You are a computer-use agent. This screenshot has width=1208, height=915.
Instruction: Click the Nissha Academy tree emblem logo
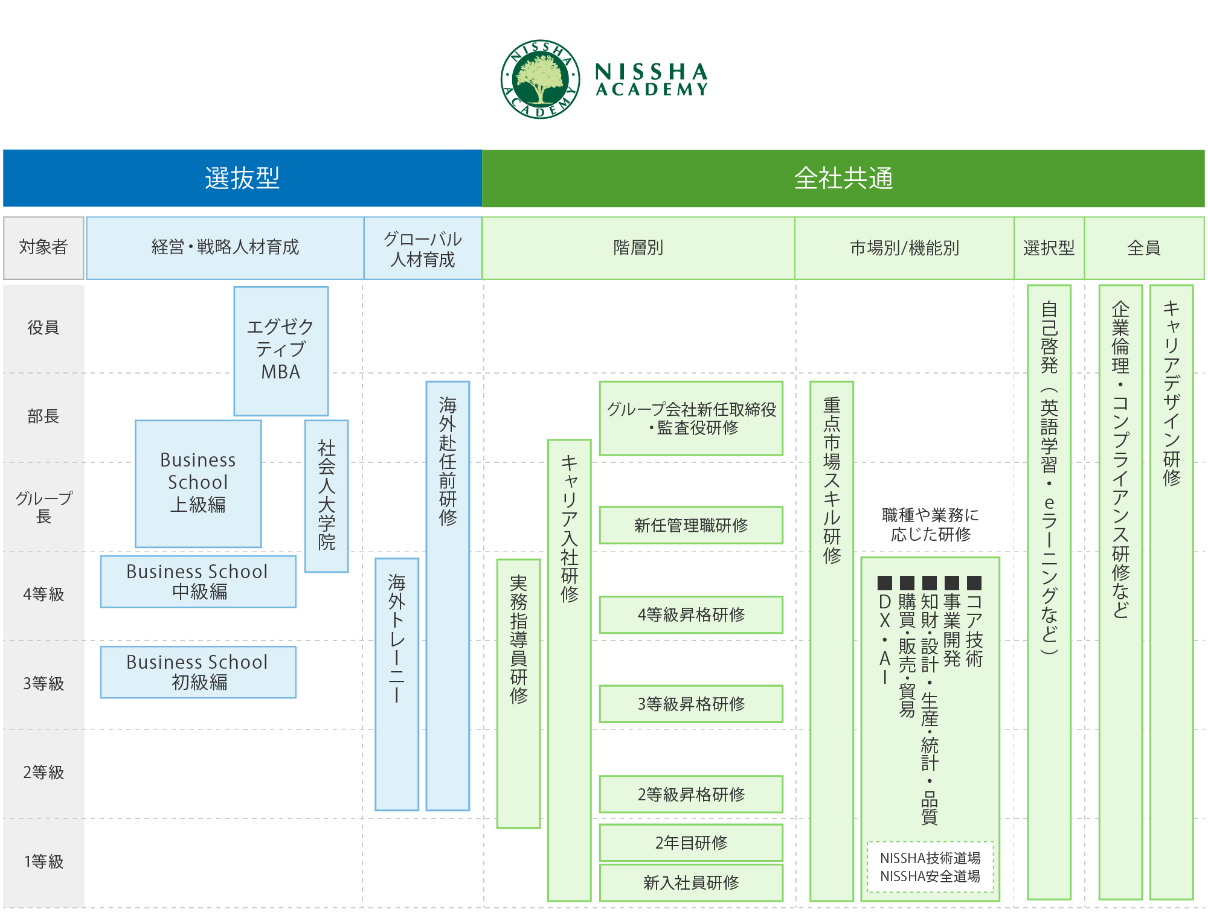click(x=540, y=79)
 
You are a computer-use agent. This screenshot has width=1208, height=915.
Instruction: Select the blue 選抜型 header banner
click(x=242, y=178)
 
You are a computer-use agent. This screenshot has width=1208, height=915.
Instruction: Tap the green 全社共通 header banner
click(x=843, y=178)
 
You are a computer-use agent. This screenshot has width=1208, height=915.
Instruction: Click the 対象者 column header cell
click(x=43, y=247)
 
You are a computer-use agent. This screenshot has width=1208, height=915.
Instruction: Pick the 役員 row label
click(x=43, y=328)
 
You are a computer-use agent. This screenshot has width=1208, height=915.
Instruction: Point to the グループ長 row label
click(x=43, y=507)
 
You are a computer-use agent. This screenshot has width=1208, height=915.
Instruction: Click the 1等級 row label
click(x=43, y=861)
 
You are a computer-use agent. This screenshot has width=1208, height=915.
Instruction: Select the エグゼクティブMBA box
click(x=281, y=351)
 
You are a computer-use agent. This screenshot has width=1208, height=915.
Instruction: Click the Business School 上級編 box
click(x=198, y=483)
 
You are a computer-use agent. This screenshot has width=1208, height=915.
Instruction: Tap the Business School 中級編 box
click(x=198, y=581)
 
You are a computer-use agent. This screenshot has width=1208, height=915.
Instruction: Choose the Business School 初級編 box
click(x=198, y=672)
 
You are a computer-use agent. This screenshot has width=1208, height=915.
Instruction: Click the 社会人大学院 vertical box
click(x=327, y=496)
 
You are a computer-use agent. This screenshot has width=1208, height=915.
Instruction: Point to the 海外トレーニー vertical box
click(x=397, y=684)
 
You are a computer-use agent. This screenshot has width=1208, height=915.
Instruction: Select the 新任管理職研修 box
click(x=691, y=525)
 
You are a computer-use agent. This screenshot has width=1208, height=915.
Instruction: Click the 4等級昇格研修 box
click(x=691, y=614)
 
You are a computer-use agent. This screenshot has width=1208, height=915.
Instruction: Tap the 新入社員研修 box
click(x=691, y=882)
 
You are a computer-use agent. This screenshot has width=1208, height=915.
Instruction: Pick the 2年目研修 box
click(x=691, y=843)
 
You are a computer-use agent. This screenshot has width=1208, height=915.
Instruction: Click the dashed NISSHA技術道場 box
click(x=930, y=867)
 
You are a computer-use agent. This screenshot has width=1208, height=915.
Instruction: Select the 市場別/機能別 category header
click(x=904, y=247)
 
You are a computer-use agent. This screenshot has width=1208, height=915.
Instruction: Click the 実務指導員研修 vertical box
click(x=518, y=693)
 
